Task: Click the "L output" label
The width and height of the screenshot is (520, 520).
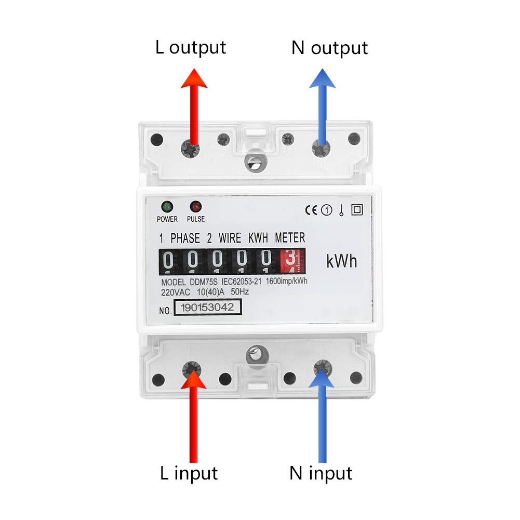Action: coord(191,47)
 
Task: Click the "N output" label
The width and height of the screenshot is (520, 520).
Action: coord(329,48)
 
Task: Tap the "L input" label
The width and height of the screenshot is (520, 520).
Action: coord(188,473)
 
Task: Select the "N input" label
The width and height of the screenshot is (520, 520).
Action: coord(321,473)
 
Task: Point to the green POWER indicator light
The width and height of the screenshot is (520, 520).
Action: coord(167,206)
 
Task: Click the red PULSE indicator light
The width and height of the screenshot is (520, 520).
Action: coord(196,206)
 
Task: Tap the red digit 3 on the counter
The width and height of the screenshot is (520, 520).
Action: coord(290,260)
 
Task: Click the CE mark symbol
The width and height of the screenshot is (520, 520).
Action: coord(311,210)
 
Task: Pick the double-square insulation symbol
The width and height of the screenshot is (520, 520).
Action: coord(357,210)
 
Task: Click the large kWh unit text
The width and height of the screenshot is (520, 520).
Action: coord(342,261)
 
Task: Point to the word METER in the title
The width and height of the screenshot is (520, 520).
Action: coord(290,238)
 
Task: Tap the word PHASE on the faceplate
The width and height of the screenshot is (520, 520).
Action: coord(185,238)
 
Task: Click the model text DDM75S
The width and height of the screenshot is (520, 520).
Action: coord(204,282)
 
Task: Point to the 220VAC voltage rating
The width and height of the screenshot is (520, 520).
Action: coord(175,292)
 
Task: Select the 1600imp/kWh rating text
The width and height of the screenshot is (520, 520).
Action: coord(287,282)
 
